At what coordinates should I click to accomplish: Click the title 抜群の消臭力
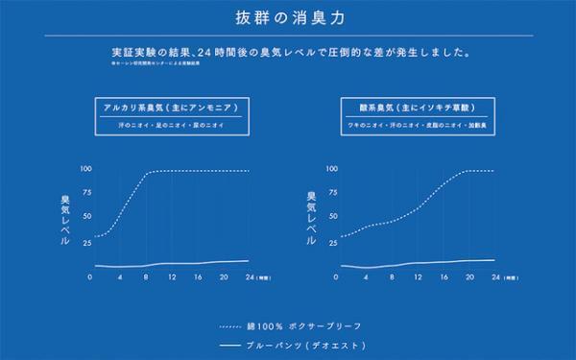[288, 17]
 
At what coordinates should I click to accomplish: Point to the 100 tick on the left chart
[85, 170]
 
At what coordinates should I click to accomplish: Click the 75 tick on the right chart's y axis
[333, 193]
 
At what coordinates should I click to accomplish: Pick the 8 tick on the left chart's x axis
[144, 277]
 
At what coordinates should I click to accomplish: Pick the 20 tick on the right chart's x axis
[469, 277]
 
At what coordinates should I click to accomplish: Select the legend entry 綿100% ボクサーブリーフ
[306, 324]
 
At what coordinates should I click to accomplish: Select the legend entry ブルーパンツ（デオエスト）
[306, 345]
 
